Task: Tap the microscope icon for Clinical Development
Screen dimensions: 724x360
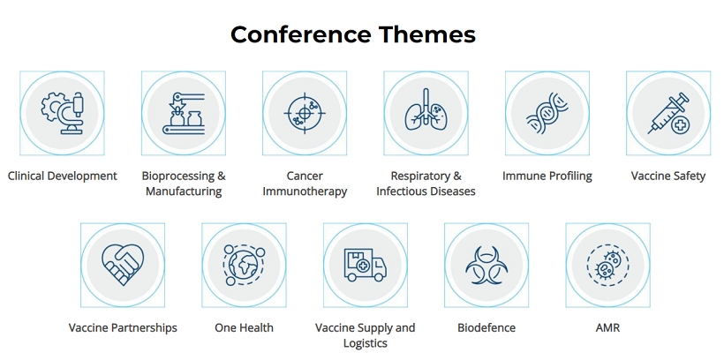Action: pyautogui.click(x=63, y=113)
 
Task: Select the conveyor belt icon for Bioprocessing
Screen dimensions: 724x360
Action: pyautogui.click(x=184, y=113)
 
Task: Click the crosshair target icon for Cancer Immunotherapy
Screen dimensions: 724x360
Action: pyautogui.click(x=305, y=113)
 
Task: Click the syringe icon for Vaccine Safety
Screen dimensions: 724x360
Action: pyautogui.click(x=668, y=113)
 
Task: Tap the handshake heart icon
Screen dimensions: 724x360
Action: pyautogui.click(x=123, y=265)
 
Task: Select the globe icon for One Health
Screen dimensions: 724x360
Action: pyautogui.click(x=245, y=265)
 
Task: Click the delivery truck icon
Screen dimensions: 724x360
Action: pyautogui.click(x=366, y=265)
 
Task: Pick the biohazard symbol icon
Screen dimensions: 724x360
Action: pyautogui.click(x=486, y=266)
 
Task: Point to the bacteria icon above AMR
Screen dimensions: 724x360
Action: pyautogui.click(x=607, y=265)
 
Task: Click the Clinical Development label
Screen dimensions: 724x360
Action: pyautogui.click(x=63, y=176)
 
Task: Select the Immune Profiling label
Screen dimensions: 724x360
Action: pyautogui.click(x=547, y=176)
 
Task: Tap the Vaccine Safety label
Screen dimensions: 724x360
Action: pyautogui.click(x=668, y=176)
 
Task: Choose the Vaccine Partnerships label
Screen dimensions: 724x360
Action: pyautogui.click(x=123, y=327)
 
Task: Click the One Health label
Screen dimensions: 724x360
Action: pyautogui.click(x=244, y=327)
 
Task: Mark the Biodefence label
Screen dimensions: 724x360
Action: pyautogui.click(x=486, y=327)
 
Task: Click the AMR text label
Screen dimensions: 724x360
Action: pyautogui.click(x=607, y=327)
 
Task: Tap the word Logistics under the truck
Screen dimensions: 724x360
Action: pyautogui.click(x=366, y=343)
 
